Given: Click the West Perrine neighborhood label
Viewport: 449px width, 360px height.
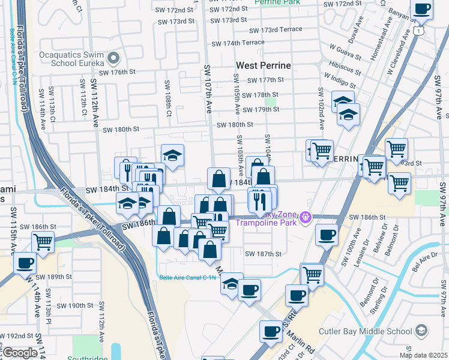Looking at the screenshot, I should (264, 65).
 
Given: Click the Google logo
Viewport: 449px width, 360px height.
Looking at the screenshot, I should (20, 353).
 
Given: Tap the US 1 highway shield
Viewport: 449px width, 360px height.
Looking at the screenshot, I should (418, 29).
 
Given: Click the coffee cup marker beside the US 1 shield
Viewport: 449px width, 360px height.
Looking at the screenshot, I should (423, 10).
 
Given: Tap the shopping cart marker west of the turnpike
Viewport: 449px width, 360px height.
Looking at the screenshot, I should (43, 242).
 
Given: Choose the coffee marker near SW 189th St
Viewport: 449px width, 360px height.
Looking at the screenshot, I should (26, 263).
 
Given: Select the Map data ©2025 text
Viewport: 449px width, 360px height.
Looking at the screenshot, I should (424, 355).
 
